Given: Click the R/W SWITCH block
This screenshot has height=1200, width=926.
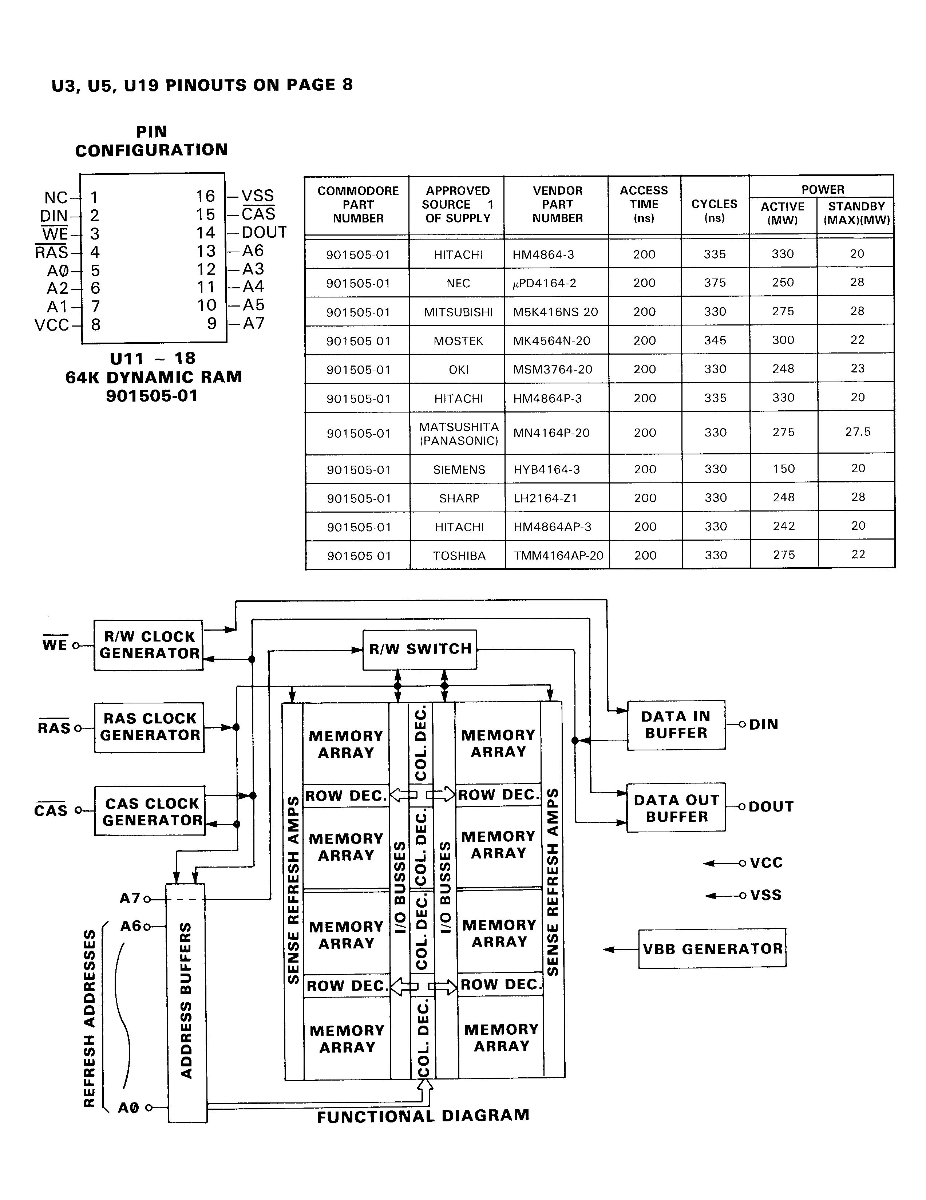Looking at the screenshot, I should (420, 650).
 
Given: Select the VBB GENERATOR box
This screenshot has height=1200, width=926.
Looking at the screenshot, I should (712, 949).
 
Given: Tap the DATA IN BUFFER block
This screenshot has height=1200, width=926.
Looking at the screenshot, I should (676, 725).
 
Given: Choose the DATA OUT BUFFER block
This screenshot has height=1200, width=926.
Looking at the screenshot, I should (676, 808).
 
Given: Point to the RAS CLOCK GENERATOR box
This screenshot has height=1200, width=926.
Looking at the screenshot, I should (149, 727).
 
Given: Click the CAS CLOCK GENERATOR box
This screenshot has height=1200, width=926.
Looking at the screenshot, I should (150, 812).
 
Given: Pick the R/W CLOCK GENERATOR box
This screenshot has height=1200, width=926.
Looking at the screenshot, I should (148, 645).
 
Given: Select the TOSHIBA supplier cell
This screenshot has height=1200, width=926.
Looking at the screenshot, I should (459, 556).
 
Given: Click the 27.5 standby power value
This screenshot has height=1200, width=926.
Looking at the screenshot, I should (857, 432).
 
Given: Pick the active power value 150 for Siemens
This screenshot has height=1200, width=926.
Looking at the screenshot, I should (783, 469).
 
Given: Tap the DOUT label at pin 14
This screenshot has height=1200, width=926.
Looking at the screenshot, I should (264, 232).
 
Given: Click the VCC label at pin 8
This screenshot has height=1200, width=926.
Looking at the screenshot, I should (52, 325).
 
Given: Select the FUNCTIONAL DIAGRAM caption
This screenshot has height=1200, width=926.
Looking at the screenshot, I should (423, 1116).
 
